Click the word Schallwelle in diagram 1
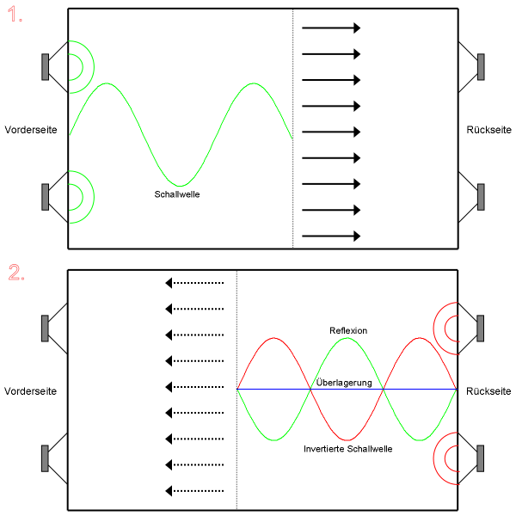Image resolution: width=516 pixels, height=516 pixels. tap(177, 194)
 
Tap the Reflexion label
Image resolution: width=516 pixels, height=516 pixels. tap(348, 330)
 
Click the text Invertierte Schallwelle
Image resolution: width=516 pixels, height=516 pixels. tap(348, 450)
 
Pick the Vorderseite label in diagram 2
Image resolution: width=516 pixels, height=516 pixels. tap(31, 391)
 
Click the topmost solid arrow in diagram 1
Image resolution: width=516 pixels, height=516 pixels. tap(331, 28)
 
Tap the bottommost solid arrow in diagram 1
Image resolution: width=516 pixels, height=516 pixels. tap(331, 236)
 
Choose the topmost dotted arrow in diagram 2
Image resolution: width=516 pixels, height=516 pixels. tap(195, 282)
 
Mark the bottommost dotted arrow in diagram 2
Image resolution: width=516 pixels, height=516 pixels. tap(195, 491)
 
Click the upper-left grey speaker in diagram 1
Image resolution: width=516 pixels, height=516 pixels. tap(44, 67)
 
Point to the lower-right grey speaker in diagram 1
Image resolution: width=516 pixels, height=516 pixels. tap(481, 197)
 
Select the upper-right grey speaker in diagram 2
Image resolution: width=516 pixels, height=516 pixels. tap(481, 329)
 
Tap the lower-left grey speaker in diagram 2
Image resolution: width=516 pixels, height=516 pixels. tap(44, 458)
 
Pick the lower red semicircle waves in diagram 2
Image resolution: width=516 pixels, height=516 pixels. tap(447, 458)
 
